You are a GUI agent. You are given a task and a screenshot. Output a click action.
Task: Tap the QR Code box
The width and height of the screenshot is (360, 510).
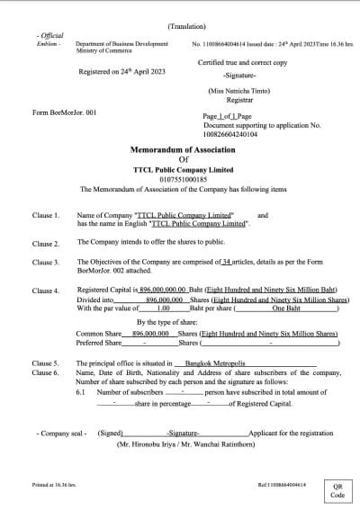pos(337,489)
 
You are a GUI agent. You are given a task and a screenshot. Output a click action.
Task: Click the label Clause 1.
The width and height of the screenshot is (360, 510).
pos(46,217)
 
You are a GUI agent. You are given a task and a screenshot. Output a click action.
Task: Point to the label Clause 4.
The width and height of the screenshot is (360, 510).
pos(46,291)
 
